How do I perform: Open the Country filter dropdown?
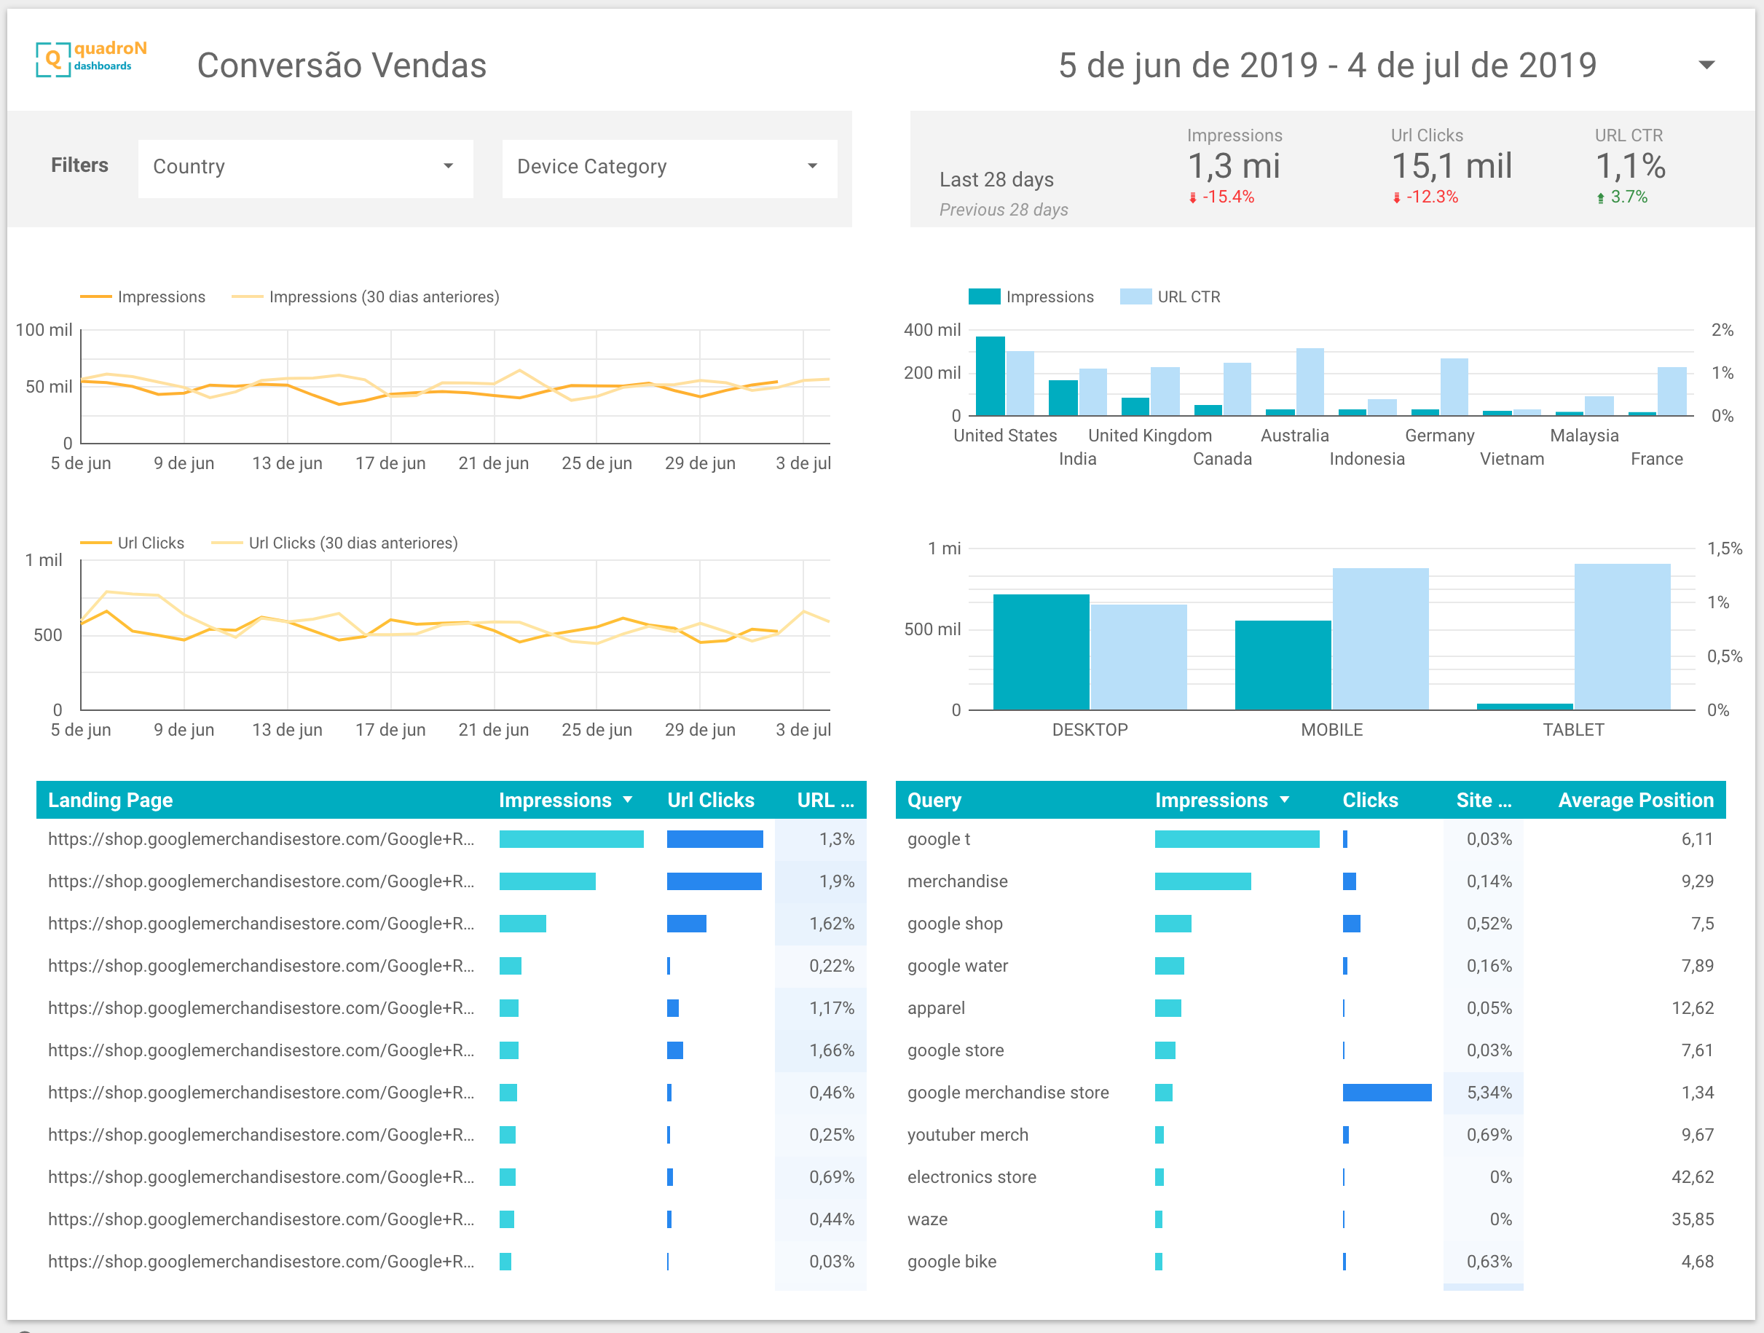304,168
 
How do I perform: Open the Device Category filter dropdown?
669,168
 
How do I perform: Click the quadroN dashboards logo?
91,58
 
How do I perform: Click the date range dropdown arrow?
1706,65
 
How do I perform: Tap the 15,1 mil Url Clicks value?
1452,166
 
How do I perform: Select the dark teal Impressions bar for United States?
991,376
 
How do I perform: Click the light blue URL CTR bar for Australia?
1310,381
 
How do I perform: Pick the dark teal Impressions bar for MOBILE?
1283,665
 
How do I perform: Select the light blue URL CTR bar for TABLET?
1622,637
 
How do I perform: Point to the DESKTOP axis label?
1090,730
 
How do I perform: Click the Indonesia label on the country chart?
1367,459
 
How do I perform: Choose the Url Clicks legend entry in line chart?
133,543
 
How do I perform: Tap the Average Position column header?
1636,800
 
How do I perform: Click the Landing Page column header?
111,800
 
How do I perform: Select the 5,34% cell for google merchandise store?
1489,1093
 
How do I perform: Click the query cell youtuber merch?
968,1135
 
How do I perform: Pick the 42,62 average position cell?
1692,1177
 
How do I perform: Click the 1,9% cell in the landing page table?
837,881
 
